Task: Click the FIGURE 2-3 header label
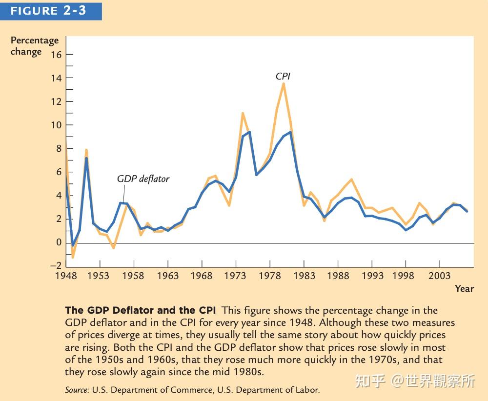[x=48, y=11]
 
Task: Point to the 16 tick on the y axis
[x=56, y=55]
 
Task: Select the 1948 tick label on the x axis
[x=66, y=276]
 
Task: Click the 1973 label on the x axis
[x=236, y=276]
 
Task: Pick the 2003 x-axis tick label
[x=440, y=276]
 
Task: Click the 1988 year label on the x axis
[x=338, y=276]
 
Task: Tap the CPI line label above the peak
[x=283, y=76]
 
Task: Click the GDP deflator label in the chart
[x=143, y=179]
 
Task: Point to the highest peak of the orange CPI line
[x=283, y=83]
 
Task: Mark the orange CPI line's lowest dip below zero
[x=73, y=257]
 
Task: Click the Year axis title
[x=464, y=288]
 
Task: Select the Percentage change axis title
[x=34, y=46]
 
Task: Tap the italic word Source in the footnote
[x=77, y=390]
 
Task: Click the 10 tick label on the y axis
[x=56, y=125]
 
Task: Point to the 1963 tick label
[x=167, y=276]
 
